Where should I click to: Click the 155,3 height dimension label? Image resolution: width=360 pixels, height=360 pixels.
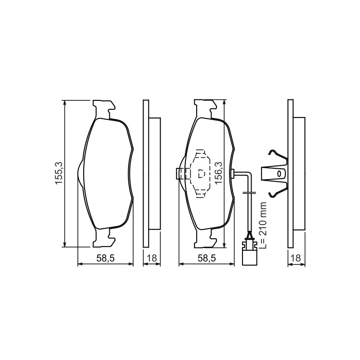pyautogui.click(x=59, y=173)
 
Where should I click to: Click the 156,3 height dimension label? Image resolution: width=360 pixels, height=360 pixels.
pyautogui.click(x=218, y=172)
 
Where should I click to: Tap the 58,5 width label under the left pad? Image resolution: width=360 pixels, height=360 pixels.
pyautogui.click(x=105, y=258)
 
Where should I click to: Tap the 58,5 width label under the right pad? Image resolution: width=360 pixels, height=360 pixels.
pyautogui.click(x=207, y=258)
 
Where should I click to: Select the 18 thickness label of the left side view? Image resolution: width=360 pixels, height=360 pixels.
pyautogui.click(x=152, y=258)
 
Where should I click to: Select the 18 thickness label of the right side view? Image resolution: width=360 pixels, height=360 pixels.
pyautogui.click(x=297, y=258)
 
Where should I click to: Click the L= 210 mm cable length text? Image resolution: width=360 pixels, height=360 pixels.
pyautogui.click(x=263, y=225)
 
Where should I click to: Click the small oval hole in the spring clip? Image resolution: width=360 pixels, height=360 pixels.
pyautogui.click(x=279, y=174)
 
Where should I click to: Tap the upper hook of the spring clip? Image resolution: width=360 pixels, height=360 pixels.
pyautogui.click(x=277, y=156)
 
